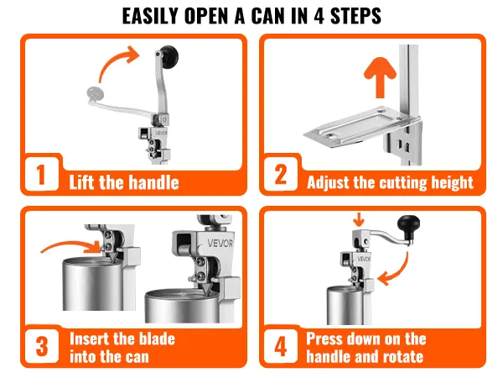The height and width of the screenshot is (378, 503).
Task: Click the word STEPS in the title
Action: (x=355, y=16)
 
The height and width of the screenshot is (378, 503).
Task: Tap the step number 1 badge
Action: (x=41, y=175)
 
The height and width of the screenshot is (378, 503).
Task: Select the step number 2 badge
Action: (x=280, y=175)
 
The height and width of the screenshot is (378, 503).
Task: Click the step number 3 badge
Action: (x=42, y=346)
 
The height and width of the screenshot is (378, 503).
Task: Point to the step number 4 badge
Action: (x=280, y=346)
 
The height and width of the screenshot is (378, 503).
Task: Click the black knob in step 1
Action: (x=169, y=57)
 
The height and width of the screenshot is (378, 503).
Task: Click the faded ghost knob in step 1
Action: (x=95, y=93)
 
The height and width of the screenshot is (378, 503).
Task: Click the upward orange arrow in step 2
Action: (x=380, y=77)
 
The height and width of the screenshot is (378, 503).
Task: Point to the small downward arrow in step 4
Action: (x=358, y=219)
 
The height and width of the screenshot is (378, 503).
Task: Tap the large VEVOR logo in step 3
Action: (x=220, y=243)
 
